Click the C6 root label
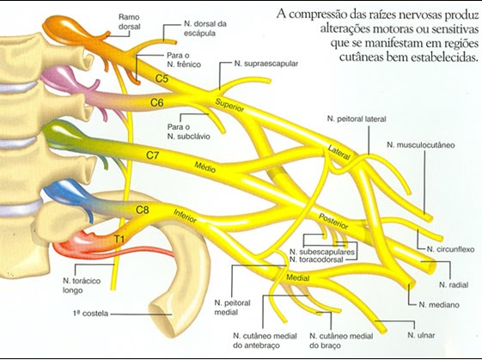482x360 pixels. (x=157, y=102)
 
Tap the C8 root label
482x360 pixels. (x=143, y=209)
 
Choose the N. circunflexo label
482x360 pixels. (x=448, y=249)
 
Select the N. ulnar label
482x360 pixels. (x=422, y=333)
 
